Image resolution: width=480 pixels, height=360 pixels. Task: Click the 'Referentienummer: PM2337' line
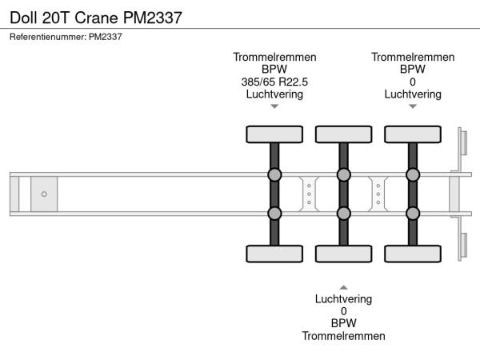point(65,37)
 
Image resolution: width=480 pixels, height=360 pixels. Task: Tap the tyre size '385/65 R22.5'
point(274,82)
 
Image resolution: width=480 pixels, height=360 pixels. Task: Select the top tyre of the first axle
point(274,134)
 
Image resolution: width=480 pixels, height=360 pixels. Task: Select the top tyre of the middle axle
point(344,134)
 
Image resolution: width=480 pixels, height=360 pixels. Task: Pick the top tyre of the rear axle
point(413,134)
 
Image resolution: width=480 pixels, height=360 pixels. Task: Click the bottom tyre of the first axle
point(274,254)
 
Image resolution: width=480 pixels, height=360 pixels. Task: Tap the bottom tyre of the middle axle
point(344,254)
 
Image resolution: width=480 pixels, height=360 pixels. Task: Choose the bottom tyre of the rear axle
point(413,254)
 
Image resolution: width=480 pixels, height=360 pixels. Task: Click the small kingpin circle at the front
point(44,194)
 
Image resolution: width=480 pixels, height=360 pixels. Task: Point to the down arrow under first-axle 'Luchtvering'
point(274,106)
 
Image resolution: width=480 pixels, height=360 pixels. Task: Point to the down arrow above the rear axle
point(413,106)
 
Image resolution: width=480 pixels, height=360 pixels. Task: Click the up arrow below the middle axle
point(344,286)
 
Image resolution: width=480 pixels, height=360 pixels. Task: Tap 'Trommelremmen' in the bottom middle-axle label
point(344,336)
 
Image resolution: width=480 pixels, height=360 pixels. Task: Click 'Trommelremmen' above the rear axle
point(413,57)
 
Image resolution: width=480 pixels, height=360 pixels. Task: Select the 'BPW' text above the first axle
point(274,70)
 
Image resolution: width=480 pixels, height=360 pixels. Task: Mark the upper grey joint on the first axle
point(274,175)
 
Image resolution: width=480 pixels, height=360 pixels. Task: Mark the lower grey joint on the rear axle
point(413,213)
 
